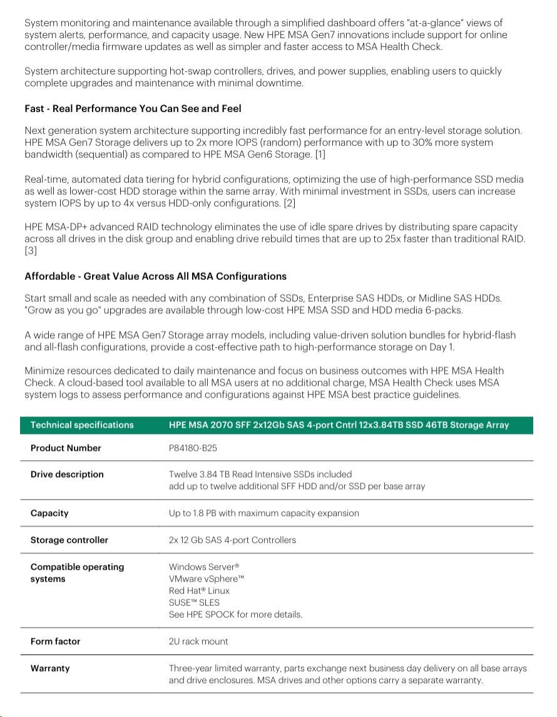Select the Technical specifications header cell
click(82, 425)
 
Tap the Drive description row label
click(67, 475)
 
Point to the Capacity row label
click(49, 513)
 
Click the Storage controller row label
click(69, 540)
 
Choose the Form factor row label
click(56, 642)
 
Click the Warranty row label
click(50, 669)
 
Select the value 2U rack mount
click(198, 642)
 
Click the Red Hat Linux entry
click(199, 591)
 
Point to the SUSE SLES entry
click(194, 602)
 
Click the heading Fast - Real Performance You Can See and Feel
click(133, 109)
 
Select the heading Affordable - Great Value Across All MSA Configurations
click(155, 276)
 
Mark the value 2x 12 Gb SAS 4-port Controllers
click(232, 540)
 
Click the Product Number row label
click(66, 448)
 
